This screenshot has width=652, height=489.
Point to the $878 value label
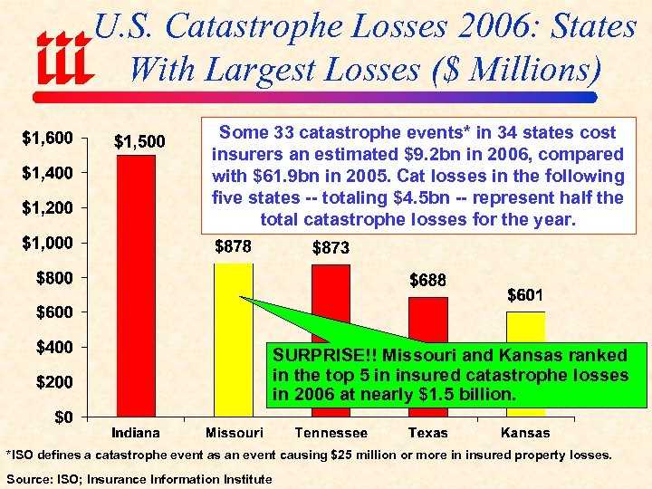[x=233, y=246]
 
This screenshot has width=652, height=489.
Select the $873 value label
[x=331, y=247]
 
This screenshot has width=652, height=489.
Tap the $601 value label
[x=525, y=295]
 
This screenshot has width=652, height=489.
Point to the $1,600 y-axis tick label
[x=47, y=138]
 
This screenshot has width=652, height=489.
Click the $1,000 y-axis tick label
[x=47, y=243]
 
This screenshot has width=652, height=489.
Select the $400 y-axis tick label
[x=53, y=347]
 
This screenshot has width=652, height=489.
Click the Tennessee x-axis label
[x=331, y=433]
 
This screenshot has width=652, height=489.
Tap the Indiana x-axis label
[x=136, y=433]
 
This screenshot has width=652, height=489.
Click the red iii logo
[x=64, y=57]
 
